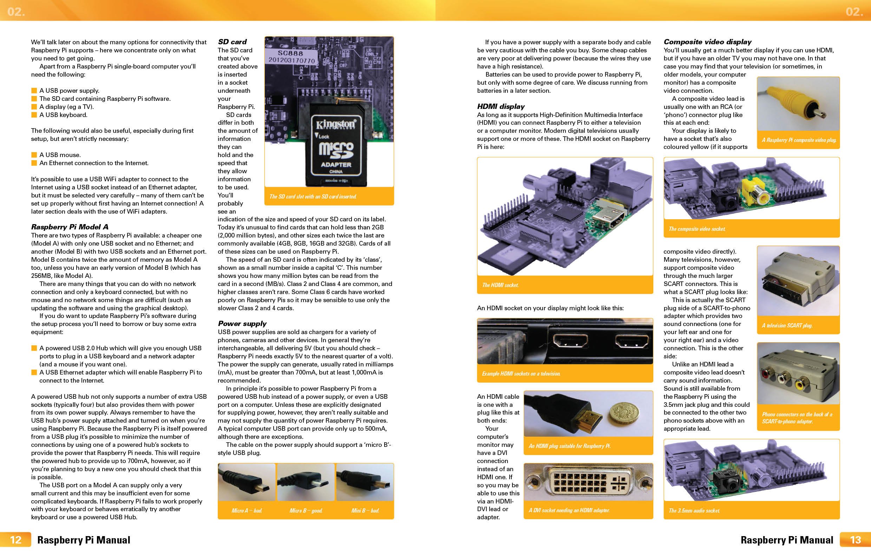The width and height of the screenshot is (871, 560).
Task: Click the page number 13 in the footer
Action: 855,540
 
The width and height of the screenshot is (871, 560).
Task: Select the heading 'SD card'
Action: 232,42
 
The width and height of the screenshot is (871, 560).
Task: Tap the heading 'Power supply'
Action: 242,324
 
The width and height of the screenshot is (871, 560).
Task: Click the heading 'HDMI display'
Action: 500,106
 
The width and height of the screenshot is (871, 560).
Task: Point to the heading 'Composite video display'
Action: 707,42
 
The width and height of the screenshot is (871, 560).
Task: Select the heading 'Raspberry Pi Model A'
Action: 70,227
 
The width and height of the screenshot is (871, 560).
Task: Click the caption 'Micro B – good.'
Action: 306,510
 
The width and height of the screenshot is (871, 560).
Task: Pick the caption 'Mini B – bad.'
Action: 365,510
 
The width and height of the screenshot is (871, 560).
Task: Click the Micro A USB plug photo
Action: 247,482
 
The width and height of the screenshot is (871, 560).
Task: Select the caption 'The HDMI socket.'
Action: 500,285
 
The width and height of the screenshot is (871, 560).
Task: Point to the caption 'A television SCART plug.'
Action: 787,325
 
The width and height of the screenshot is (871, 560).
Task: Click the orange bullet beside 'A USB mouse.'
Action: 34,155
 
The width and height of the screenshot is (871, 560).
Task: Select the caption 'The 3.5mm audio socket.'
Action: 694,510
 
